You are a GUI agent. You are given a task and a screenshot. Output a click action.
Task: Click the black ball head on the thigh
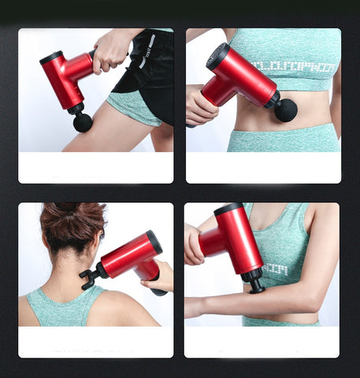83,122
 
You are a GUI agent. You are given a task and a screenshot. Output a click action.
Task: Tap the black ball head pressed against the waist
285,109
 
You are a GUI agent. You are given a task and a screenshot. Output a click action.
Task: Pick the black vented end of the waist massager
217,55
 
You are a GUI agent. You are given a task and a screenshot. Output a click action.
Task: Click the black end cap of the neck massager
154,241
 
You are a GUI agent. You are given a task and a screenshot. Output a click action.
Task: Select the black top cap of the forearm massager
229,210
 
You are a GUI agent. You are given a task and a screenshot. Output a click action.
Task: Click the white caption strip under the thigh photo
95,168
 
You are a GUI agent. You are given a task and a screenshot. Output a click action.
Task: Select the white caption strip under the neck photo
95,342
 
